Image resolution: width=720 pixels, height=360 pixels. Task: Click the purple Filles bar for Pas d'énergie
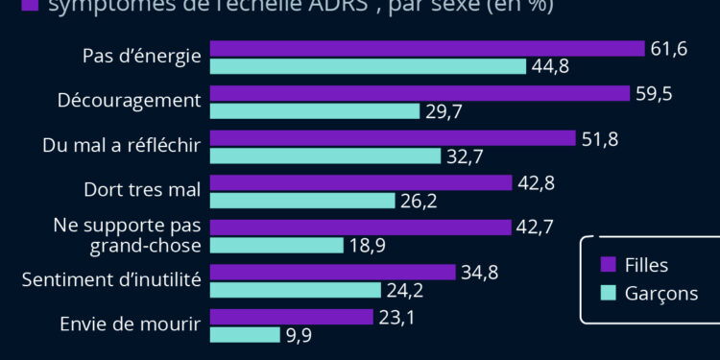click(x=426, y=49)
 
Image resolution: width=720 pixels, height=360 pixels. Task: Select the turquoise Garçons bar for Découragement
click(x=315, y=110)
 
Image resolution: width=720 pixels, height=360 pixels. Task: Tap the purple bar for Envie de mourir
click(x=291, y=317)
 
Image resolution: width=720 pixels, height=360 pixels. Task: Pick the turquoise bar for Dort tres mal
click(x=302, y=201)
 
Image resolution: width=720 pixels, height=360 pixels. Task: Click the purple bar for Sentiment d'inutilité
click(x=332, y=273)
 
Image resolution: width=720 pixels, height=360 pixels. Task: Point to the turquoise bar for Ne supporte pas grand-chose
click(x=276, y=245)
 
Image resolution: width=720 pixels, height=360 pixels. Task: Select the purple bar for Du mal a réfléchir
click(x=392, y=138)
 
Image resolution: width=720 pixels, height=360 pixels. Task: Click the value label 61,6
click(x=669, y=49)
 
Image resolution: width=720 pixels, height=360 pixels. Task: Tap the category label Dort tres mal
click(x=142, y=189)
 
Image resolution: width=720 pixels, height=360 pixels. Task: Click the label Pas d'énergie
click(x=142, y=56)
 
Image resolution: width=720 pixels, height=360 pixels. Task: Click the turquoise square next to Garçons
click(x=607, y=293)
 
